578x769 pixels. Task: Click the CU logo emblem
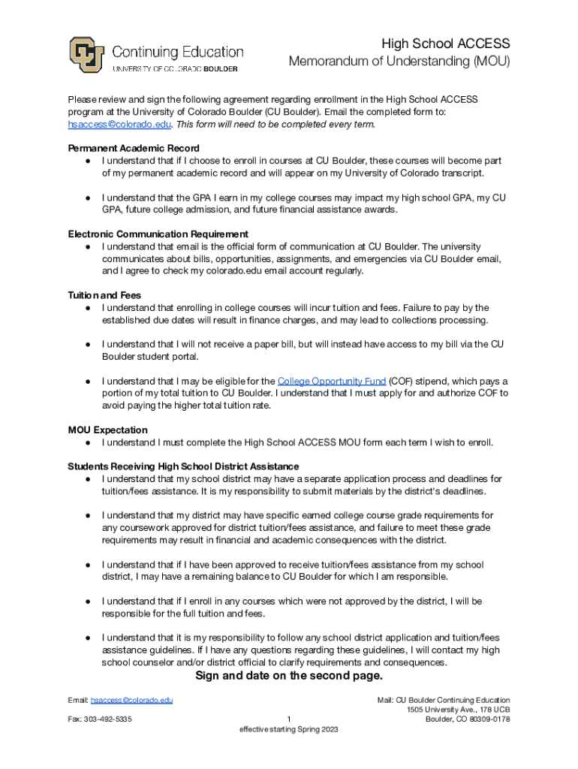[x=87, y=55]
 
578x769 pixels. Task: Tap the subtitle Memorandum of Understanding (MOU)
[x=399, y=62]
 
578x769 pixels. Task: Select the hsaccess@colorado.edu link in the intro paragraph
[x=120, y=124]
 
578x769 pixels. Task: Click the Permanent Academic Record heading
[x=134, y=148]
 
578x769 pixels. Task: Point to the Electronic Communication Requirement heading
[x=158, y=234]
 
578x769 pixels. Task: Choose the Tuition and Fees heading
[x=104, y=295]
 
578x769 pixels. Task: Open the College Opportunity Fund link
[x=331, y=381]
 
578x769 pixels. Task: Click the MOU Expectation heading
[x=108, y=430]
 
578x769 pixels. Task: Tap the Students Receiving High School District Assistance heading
[x=183, y=466]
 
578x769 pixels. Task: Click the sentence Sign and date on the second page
[x=289, y=676]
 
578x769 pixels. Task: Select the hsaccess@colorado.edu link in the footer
[x=132, y=700]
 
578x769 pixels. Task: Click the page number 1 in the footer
[x=289, y=719]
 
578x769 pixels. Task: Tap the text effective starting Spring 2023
[x=289, y=730]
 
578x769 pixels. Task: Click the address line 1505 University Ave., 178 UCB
[x=459, y=710]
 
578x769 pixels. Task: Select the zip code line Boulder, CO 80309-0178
[x=468, y=719]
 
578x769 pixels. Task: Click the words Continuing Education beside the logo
[x=178, y=52]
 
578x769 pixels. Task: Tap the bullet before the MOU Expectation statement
[x=88, y=443]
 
